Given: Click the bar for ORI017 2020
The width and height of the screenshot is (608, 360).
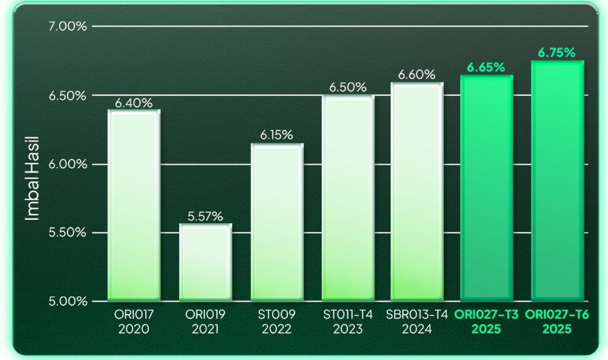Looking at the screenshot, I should pyautogui.click(x=134, y=206).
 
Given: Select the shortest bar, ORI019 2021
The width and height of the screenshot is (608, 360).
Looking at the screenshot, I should pyautogui.click(x=205, y=263).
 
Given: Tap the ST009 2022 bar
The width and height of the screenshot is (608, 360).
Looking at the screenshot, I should pyautogui.click(x=277, y=222).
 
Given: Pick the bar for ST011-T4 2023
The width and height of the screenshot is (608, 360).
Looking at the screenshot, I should pyautogui.click(x=348, y=198).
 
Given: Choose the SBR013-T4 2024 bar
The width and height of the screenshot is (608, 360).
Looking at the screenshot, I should pyautogui.click(x=417, y=192).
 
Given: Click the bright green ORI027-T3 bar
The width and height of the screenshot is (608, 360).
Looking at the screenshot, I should pyautogui.click(x=487, y=188).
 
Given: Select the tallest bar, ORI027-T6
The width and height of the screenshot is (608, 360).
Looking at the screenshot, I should pyautogui.click(x=557, y=181).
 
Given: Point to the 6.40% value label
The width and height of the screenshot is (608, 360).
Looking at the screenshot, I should pyautogui.click(x=134, y=102).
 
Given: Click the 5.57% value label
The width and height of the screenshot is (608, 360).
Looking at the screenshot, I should pyautogui.click(x=205, y=217).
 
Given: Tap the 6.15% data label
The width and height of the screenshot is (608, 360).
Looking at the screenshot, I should pyautogui.click(x=277, y=136).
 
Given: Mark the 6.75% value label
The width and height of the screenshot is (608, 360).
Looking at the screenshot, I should pyautogui.click(x=557, y=53).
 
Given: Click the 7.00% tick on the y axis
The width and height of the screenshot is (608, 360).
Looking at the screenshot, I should pyautogui.click(x=67, y=27).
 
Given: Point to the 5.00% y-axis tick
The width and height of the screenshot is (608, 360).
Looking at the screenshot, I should pyautogui.click(x=67, y=301).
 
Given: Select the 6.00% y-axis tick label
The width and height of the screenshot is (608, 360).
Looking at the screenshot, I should pyautogui.click(x=67, y=164).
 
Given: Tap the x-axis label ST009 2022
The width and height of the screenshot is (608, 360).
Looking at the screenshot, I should pyautogui.click(x=277, y=322).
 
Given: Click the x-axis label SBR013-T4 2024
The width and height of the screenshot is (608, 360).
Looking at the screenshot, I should pyautogui.click(x=417, y=322).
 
